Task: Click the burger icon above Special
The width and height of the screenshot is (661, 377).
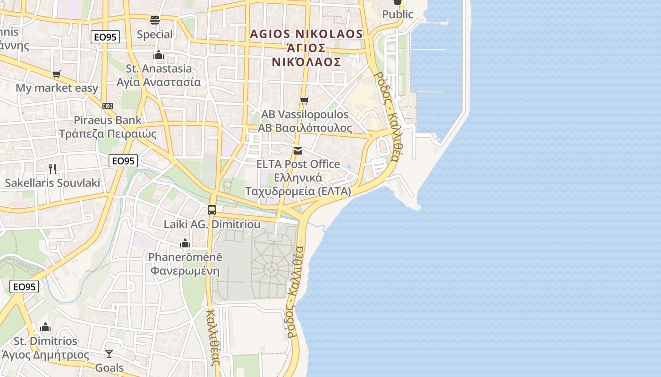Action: click(x=155, y=20)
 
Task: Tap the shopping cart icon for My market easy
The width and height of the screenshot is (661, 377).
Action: click(x=57, y=74)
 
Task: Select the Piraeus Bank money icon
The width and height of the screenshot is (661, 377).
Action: click(x=108, y=106)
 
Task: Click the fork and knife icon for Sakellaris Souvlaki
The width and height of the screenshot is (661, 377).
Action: click(x=52, y=169)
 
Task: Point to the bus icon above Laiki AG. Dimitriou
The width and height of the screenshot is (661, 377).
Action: click(x=212, y=210)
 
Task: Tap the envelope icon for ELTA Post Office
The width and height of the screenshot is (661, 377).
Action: click(x=298, y=151)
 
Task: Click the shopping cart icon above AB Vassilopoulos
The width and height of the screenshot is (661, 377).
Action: click(x=305, y=100)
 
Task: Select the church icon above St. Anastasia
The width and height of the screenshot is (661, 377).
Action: click(x=159, y=55)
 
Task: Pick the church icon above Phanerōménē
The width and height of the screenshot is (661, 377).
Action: click(x=185, y=243)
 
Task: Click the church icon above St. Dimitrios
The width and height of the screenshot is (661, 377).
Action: click(x=45, y=327)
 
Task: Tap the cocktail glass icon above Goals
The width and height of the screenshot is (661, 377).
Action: click(x=109, y=353)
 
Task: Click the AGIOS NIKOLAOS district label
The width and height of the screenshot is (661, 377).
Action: click(x=306, y=34)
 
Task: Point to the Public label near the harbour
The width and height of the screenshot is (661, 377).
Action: click(x=398, y=15)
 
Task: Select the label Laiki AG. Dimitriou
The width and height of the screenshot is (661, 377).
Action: click(x=212, y=224)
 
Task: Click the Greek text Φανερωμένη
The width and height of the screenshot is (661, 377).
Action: click(x=185, y=271)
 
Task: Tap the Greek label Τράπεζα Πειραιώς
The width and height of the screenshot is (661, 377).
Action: click(x=108, y=134)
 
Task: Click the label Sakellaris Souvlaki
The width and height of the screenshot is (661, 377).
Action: click(x=52, y=183)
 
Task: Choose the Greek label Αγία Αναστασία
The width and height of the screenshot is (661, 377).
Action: click(x=159, y=82)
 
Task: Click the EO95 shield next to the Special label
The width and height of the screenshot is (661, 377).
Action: click(x=105, y=37)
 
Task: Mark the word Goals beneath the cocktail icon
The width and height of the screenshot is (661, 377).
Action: click(x=110, y=368)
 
